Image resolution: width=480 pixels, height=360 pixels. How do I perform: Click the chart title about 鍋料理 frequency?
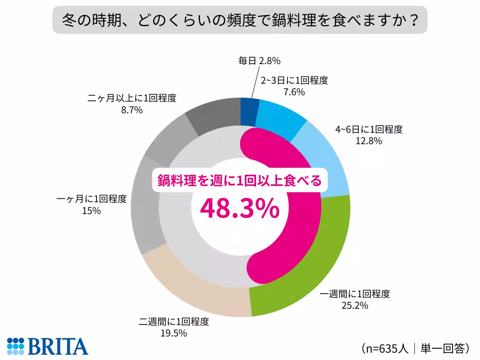(240, 20)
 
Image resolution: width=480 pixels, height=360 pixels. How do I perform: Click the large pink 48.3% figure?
(239, 208)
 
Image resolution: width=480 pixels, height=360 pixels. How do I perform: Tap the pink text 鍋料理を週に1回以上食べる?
(239, 181)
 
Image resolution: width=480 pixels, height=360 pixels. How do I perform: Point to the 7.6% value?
(294, 92)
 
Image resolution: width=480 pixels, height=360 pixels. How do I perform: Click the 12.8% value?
(369, 141)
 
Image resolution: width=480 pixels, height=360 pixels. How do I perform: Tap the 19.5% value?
(174, 333)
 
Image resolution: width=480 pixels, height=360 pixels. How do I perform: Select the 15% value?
(91, 210)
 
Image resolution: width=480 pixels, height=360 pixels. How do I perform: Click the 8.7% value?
(132, 110)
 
